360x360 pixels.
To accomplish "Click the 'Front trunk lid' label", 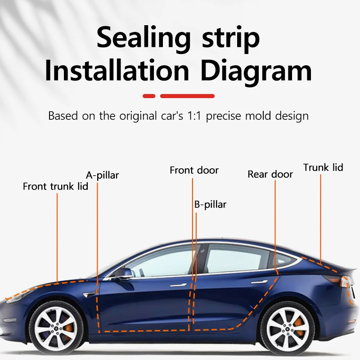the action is pyautogui.click(x=55, y=186).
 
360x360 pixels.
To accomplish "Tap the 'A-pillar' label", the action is pyautogui.click(x=103, y=175).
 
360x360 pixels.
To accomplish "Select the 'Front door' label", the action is pyautogui.click(x=194, y=171).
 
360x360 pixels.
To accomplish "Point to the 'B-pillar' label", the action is pyautogui.click(x=210, y=205).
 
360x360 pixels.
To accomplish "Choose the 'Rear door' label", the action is pyautogui.click(x=270, y=175).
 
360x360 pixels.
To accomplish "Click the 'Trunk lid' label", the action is pyautogui.click(x=323, y=167).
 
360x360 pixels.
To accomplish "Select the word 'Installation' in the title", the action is pyautogui.click(x=117, y=70).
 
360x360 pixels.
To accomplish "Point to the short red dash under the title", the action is pyautogui.click(x=149, y=96).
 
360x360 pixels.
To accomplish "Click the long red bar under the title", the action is pyautogui.click(x=187, y=96).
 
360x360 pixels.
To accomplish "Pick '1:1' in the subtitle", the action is pyautogui.click(x=194, y=116).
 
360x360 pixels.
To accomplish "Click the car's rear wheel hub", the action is pyautogui.click(x=288, y=329).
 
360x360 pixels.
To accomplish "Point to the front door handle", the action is pyautogui.click(x=178, y=285).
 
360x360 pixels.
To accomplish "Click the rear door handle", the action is pyautogui.click(x=259, y=282).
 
